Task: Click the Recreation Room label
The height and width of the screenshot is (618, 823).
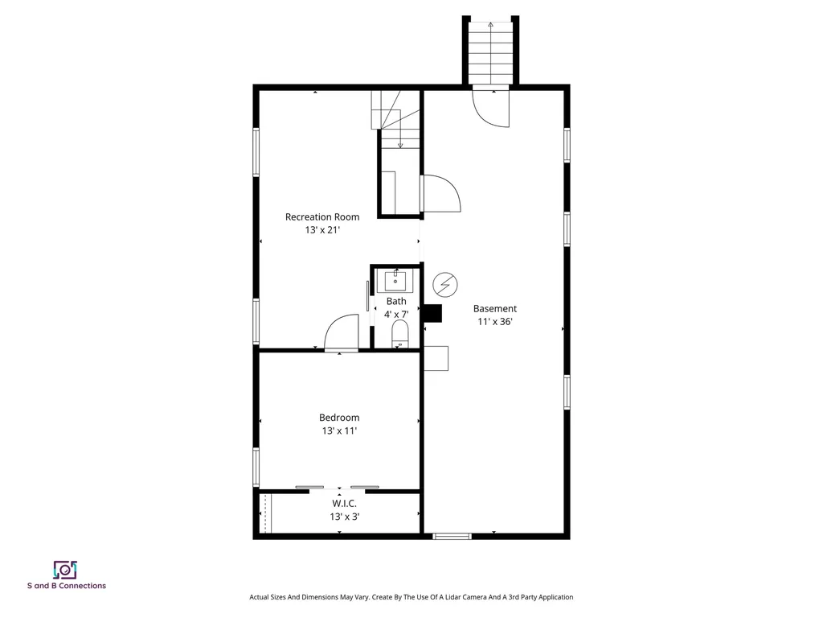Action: tap(322, 216)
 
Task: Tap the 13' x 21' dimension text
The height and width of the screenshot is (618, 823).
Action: tap(323, 229)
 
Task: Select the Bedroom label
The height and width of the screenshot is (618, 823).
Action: tap(339, 418)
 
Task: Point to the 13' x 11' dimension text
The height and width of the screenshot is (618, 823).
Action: tap(340, 431)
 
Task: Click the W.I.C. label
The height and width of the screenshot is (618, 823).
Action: tap(344, 504)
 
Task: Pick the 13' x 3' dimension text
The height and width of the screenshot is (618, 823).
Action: tap(344, 517)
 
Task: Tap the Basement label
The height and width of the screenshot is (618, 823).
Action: tap(495, 308)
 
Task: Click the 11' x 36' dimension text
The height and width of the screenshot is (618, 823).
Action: tap(495, 322)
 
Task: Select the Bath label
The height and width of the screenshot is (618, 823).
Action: tap(396, 301)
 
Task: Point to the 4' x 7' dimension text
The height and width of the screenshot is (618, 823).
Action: tap(396, 315)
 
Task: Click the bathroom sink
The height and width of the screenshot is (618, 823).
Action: tap(395, 281)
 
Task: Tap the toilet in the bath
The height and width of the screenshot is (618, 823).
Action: tap(400, 334)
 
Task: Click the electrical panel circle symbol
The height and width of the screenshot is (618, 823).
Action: tap(445, 285)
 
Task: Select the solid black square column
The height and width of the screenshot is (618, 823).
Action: tap(432, 313)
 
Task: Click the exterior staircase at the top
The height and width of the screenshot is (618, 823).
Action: tap(491, 51)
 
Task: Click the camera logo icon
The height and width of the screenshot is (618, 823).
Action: tap(65, 570)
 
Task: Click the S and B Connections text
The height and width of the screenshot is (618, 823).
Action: tap(67, 586)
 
